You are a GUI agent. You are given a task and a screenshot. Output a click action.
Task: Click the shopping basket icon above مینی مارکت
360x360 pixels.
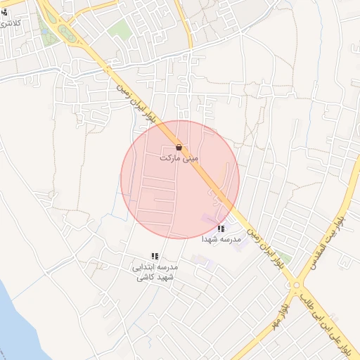179,148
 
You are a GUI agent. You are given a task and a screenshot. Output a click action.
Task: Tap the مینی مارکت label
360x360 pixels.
179,159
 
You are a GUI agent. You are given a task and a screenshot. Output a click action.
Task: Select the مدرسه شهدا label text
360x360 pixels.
221,239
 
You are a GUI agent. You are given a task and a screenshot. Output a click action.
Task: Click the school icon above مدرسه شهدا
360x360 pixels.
221,229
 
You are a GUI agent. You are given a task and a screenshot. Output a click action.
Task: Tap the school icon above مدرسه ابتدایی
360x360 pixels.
155,256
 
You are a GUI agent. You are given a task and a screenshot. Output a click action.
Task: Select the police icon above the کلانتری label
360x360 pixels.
4,11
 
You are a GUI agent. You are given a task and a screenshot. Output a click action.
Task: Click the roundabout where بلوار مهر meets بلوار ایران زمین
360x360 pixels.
297,285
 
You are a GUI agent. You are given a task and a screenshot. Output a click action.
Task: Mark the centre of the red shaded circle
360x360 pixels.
180,179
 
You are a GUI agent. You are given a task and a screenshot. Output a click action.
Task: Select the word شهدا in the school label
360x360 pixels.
212,239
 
